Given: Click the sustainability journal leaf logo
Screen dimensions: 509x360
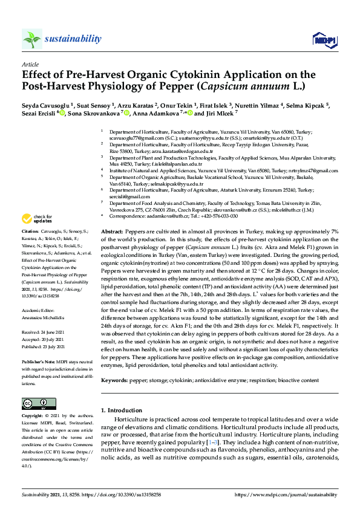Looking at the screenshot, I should point(32,39).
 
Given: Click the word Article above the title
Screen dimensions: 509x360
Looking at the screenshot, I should point(30,63).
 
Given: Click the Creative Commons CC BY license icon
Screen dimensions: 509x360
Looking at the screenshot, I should point(31,403).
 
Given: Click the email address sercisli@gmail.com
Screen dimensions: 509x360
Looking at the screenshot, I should point(129,196).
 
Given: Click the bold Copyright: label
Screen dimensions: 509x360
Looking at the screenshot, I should point(33,417).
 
